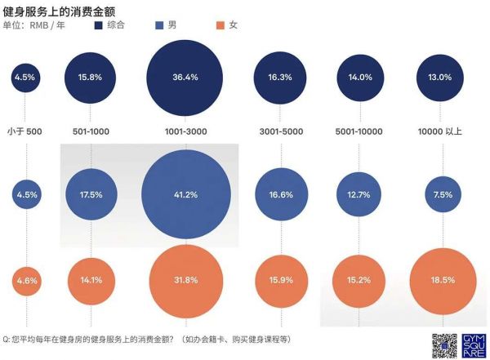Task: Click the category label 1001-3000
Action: click(186, 131)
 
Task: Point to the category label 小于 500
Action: click(25, 131)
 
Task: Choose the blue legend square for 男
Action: click(158, 26)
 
